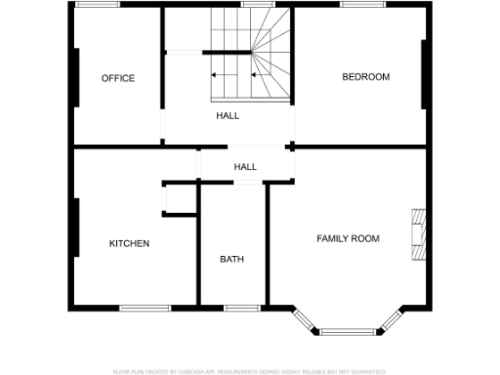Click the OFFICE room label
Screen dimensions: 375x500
click(118, 78)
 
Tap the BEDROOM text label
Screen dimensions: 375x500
click(365, 77)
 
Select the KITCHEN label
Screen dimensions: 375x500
click(129, 243)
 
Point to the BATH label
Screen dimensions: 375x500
click(231, 260)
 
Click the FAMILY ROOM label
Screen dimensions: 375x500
click(348, 238)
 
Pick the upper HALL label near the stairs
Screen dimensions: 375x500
click(228, 115)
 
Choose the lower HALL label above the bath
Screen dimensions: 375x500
click(245, 167)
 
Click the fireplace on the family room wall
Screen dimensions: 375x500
click(418, 235)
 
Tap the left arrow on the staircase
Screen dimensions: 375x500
click(223, 74)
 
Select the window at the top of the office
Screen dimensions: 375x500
click(99, 5)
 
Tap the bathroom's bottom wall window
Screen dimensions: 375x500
click(238, 309)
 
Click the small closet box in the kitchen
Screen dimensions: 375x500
click(179, 198)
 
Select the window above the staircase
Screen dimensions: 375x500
click(256, 5)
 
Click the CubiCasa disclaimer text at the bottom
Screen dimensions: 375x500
click(250, 371)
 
